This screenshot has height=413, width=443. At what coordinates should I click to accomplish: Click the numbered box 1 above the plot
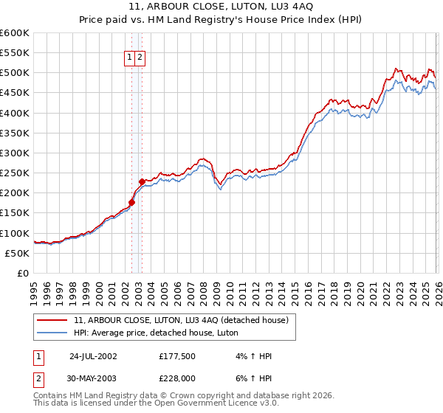[x=129, y=58]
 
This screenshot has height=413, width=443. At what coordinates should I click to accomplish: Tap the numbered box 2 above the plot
[x=140, y=58]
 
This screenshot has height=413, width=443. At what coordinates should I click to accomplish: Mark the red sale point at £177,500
[x=132, y=202]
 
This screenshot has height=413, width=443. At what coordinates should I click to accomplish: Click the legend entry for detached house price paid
[x=185, y=319]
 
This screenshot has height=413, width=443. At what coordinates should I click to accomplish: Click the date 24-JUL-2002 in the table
[x=93, y=355]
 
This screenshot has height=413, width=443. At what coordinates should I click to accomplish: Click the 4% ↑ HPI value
[x=253, y=355]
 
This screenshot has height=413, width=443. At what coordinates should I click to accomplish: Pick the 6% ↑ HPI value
[x=253, y=378]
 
